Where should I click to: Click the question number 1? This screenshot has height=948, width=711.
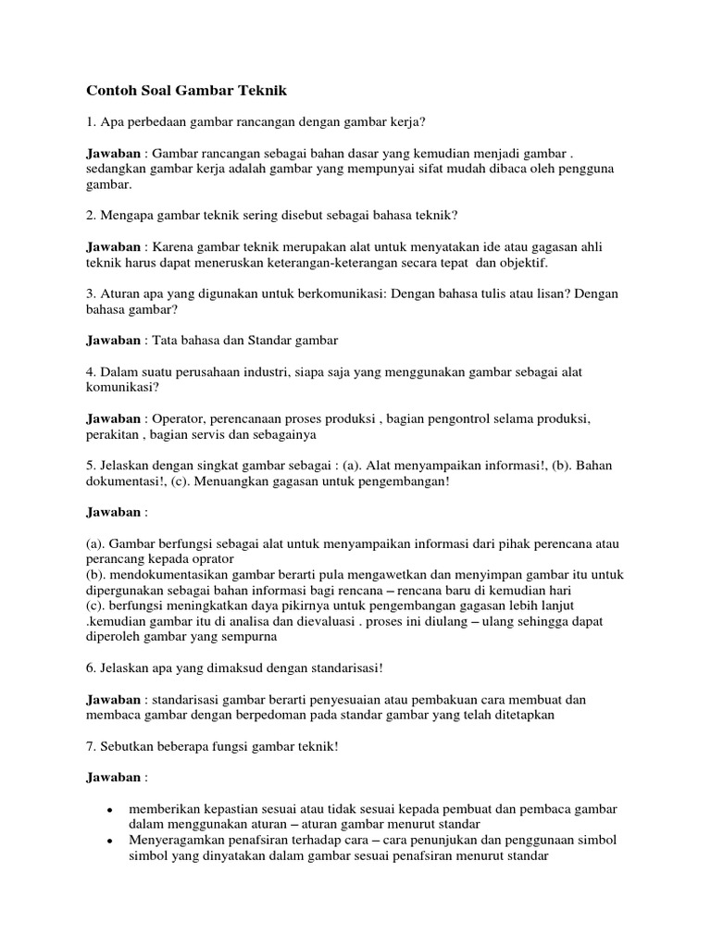pos(90,122)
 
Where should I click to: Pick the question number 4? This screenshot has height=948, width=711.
pos(90,372)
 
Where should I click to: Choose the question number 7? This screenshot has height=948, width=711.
pos(90,747)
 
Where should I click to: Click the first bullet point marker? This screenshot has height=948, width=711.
pos(110,810)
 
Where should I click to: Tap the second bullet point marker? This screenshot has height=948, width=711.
pos(110,841)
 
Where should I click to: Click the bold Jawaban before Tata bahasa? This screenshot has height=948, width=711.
pos(112,340)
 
